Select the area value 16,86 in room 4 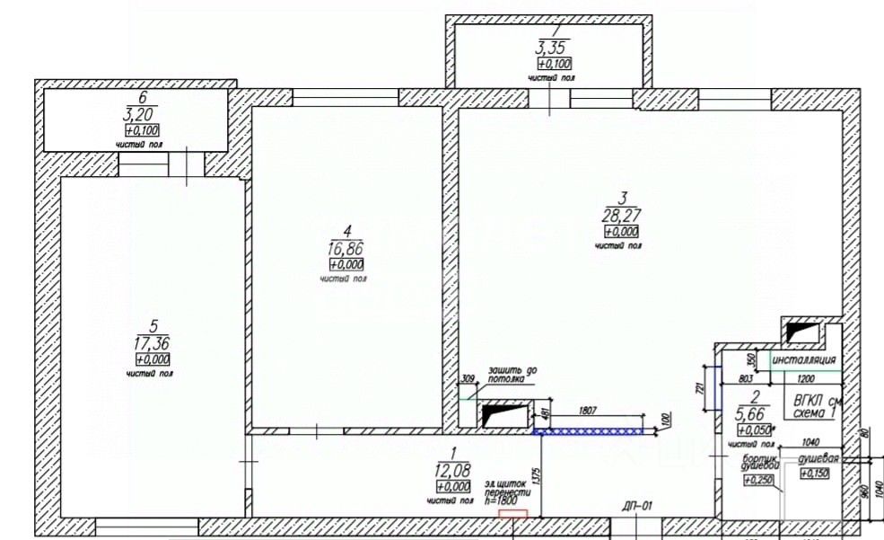[346, 249]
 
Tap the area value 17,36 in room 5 [149, 342]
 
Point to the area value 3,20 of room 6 [142, 113]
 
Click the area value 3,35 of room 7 [554, 47]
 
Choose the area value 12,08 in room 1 [453, 470]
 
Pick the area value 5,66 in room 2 [749, 414]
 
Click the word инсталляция [804, 360]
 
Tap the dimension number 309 [467, 378]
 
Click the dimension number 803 [744, 381]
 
